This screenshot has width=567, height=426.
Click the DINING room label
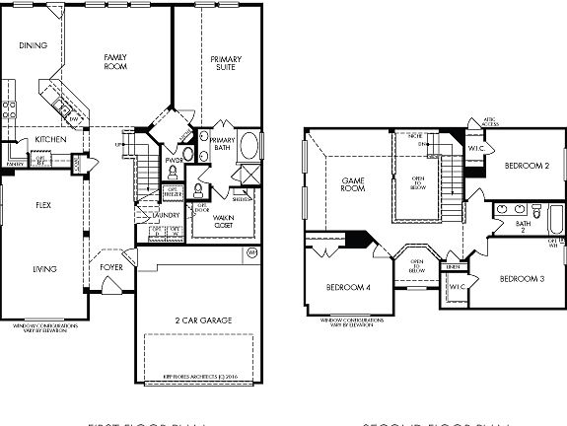[34, 45]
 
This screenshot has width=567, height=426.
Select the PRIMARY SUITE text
[226, 65]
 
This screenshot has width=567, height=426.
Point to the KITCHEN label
[50, 139]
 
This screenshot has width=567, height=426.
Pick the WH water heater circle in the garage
[250, 253]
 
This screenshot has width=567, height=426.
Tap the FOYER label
[111, 266]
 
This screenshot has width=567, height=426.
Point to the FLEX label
[43, 206]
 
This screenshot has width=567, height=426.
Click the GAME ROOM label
[354, 184]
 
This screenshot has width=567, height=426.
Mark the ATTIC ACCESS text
[490, 121]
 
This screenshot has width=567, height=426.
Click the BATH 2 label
[523, 227]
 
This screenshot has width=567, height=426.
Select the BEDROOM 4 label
[347, 287]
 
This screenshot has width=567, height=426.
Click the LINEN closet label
[453, 267]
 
